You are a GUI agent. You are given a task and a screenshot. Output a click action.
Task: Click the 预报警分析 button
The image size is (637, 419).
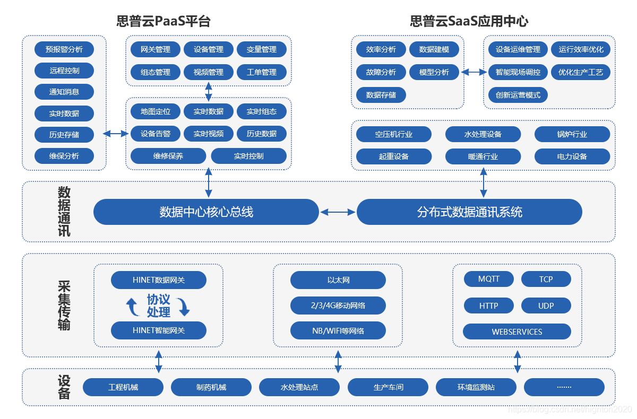click(x=64, y=49)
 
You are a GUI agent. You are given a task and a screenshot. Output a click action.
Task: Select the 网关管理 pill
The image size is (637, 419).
click(x=156, y=49)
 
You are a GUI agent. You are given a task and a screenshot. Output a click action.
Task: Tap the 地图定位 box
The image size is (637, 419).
click(x=156, y=111)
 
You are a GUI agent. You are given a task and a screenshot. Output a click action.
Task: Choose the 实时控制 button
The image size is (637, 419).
click(x=248, y=156)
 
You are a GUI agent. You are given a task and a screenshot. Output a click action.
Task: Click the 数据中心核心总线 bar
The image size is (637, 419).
click(x=206, y=212)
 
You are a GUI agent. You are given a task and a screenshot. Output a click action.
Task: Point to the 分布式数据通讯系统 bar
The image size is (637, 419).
click(x=469, y=212)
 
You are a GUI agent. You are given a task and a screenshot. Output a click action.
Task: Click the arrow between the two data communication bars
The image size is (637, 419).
click(x=338, y=212)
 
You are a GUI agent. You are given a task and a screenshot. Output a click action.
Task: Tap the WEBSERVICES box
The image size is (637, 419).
click(x=517, y=331)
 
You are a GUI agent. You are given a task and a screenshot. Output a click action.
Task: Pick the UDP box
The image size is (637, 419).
click(x=546, y=305)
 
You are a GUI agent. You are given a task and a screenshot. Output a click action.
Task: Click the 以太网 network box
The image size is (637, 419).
click(x=338, y=280)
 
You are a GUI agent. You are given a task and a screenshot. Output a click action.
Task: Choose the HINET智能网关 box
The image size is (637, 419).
click(x=159, y=330)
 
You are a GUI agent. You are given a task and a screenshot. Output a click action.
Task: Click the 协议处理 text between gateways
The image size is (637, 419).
click(x=159, y=305)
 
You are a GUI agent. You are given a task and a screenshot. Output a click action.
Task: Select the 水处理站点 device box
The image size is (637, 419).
click(x=299, y=387)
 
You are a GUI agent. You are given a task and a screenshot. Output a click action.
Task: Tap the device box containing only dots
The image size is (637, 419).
click(x=564, y=387)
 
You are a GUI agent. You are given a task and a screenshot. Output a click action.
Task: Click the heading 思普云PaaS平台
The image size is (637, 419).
click(x=163, y=21)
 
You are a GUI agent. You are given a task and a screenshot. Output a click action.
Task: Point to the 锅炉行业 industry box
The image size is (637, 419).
click(x=572, y=134)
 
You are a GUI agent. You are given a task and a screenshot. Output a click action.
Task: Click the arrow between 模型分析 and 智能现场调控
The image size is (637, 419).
click(x=474, y=72)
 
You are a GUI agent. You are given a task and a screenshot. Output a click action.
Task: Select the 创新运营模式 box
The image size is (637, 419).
click(x=518, y=95)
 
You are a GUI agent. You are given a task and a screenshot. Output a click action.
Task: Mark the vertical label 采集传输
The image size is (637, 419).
click(x=64, y=305)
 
